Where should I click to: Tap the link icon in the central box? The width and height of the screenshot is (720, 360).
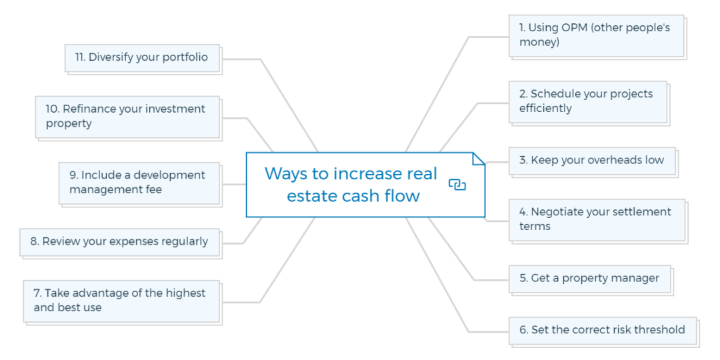[x=457, y=185]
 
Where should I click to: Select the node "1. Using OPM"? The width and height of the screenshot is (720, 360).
[x=596, y=35]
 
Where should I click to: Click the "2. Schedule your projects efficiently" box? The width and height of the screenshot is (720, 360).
[x=587, y=101]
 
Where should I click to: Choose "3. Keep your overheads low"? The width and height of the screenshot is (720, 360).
[x=592, y=161]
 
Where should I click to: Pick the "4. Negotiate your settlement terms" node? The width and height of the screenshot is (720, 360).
[x=596, y=219]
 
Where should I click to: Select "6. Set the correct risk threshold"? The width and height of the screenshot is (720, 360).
[x=602, y=330]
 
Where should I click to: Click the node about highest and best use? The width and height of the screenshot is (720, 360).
[x=121, y=301]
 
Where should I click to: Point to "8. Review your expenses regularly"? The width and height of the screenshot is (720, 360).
[x=119, y=242]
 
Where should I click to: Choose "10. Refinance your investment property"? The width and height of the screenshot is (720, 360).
[x=127, y=117]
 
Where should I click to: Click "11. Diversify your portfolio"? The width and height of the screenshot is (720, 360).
[x=142, y=57]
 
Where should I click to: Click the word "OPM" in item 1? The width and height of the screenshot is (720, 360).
[x=575, y=28]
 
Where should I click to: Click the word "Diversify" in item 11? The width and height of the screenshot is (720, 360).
[x=110, y=57]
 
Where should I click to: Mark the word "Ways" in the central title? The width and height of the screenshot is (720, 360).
[x=284, y=173]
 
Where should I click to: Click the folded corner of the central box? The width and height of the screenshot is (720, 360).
[x=478, y=159]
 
